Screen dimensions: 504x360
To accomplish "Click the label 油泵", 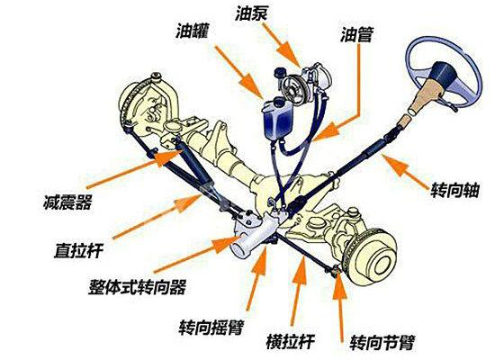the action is tap(251, 13).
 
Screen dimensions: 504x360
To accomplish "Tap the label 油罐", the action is tap(192, 31).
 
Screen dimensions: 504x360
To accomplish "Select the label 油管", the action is tap(356, 34).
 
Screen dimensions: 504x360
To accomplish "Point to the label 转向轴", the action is tap(454, 190).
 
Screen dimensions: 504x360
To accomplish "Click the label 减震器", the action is tap(67, 202).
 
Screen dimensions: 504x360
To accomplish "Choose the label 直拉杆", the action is tap(78, 250).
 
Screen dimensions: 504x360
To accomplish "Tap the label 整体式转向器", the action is tap(137, 287).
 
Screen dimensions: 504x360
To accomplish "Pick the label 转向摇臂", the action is tap(211, 328).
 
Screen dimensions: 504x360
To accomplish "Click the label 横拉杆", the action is tap(290, 341).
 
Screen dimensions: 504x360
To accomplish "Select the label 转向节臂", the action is tap(382, 343).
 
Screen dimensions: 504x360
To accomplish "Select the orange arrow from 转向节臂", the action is tap(340, 305).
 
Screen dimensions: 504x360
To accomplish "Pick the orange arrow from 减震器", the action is tap(135, 169).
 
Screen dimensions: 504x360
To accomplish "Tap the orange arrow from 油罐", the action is tap(239, 72).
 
